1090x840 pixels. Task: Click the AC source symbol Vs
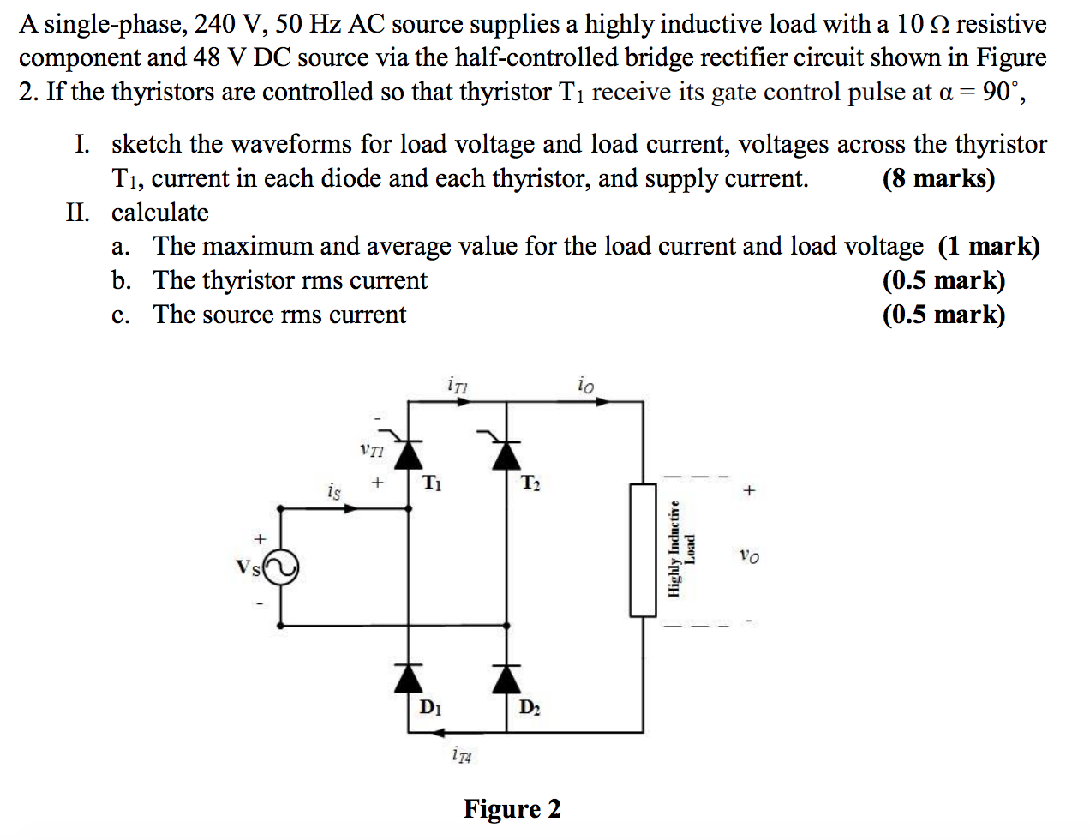coord(281,567)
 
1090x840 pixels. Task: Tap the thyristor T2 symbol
coord(506,451)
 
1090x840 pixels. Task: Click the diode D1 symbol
coord(408,678)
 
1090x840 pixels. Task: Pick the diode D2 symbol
coord(506,678)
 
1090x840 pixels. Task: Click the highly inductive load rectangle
coord(643,549)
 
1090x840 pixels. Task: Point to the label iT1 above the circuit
coord(458,385)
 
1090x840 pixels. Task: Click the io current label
coord(585,385)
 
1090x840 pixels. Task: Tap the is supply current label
coord(333,491)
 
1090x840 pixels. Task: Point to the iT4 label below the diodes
coord(461,755)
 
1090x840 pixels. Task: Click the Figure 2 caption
coord(512,808)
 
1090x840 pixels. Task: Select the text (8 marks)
coord(938,178)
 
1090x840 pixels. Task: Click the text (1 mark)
coord(988,246)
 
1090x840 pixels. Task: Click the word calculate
coord(160,212)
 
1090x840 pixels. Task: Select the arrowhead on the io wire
coord(602,400)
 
